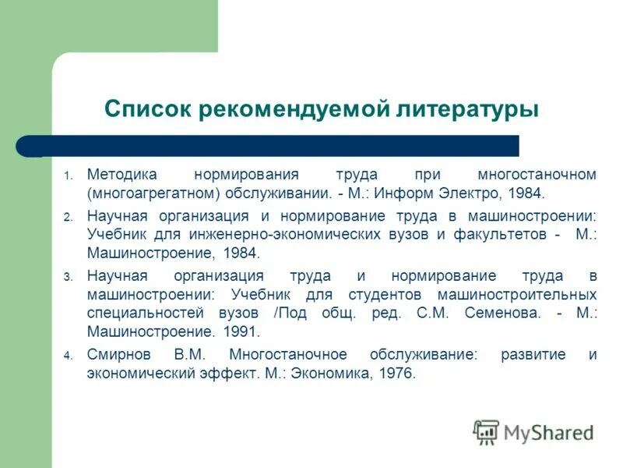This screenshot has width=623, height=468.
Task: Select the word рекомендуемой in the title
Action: (293, 108)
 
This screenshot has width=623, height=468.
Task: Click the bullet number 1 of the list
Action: (68, 175)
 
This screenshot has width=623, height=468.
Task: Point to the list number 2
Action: (68, 216)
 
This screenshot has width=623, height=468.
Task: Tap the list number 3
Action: (68, 277)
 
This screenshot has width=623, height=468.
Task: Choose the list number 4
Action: (68, 356)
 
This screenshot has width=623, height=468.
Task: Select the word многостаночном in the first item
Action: (538, 174)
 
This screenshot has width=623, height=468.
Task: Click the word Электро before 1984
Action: (483, 193)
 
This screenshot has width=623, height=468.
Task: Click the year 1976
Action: (397, 374)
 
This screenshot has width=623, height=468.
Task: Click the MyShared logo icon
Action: (486, 431)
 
